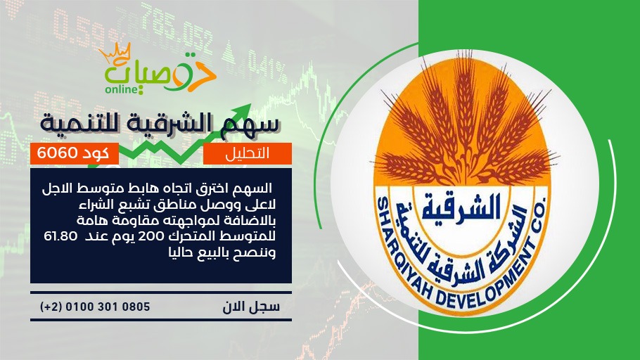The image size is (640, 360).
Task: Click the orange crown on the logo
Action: click(115, 53)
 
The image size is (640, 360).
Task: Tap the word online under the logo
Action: click(122, 89)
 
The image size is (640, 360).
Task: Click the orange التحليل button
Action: click(248, 153)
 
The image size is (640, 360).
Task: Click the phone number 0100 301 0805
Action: click(108, 307)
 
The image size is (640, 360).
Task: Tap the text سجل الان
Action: click(251, 307)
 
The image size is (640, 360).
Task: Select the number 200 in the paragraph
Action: click(151, 236)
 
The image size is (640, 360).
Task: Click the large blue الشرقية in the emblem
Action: click(461, 207)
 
